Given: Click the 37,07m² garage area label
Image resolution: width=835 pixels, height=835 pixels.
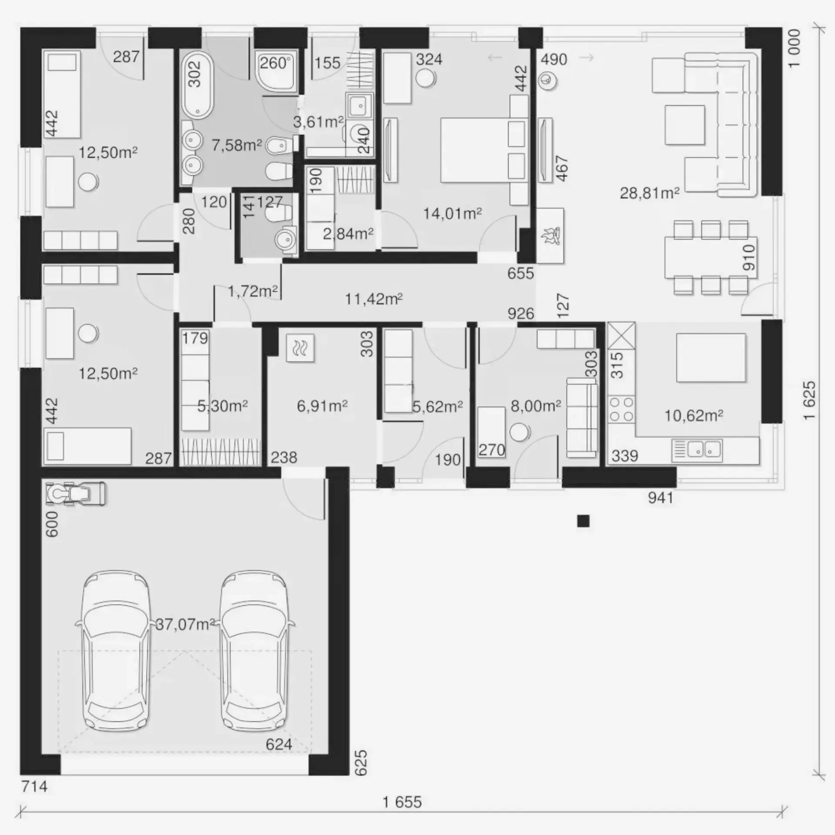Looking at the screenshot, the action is click(x=185, y=625).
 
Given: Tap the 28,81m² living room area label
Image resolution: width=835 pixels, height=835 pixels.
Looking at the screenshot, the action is click(x=649, y=193).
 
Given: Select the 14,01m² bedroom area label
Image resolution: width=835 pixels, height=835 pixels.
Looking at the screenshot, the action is click(x=452, y=214).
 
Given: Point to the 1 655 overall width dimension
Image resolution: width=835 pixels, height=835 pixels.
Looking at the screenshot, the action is click(x=402, y=802).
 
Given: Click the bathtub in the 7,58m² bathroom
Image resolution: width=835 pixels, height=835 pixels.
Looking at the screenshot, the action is click(x=197, y=85).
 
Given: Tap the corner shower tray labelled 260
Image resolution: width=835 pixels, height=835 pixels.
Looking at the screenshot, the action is click(x=277, y=72).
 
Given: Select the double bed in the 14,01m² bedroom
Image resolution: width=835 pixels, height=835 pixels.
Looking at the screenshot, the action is click(x=484, y=150).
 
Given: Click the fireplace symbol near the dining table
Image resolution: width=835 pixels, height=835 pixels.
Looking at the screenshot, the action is click(x=550, y=236).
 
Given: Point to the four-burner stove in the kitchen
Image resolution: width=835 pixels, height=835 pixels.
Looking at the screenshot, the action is click(x=621, y=409).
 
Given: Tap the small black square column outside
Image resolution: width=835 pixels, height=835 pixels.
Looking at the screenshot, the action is click(x=583, y=521).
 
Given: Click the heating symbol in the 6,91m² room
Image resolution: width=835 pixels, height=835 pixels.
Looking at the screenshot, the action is click(x=300, y=348).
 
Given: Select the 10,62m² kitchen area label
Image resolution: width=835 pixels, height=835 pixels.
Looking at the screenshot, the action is click(x=694, y=415).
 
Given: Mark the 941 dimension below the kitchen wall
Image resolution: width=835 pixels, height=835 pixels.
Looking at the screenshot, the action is click(x=661, y=498).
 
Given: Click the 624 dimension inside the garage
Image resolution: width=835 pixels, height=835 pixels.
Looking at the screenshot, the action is click(x=279, y=744).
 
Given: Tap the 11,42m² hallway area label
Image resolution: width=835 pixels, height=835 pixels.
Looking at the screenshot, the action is click(x=374, y=299).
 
